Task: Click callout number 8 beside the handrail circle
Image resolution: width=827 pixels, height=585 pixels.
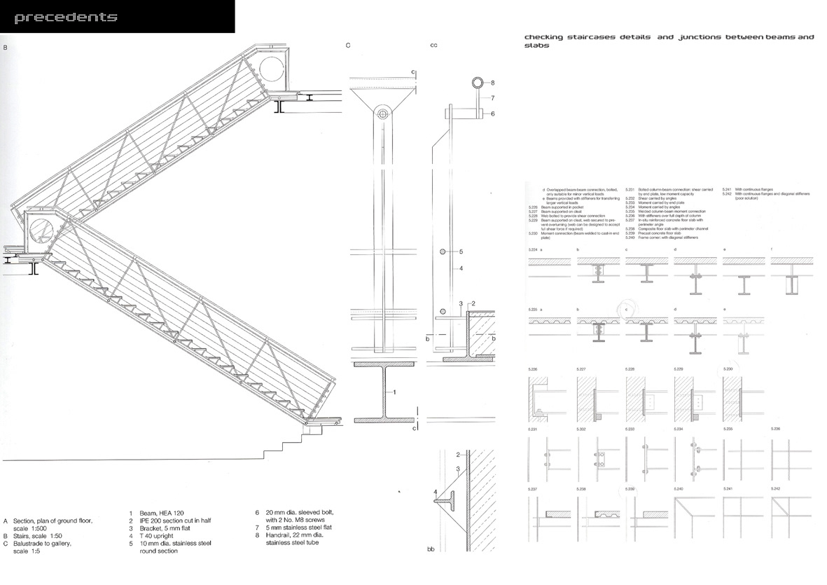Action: [493, 82]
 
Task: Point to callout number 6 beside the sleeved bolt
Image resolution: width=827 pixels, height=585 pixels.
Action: [492, 113]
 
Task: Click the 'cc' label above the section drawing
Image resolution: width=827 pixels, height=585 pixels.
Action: [433, 46]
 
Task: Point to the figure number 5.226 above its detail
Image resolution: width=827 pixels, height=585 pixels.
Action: [533, 369]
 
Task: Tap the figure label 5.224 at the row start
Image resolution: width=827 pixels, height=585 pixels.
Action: [532, 268]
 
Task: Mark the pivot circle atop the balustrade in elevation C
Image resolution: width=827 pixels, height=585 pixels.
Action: [382, 113]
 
